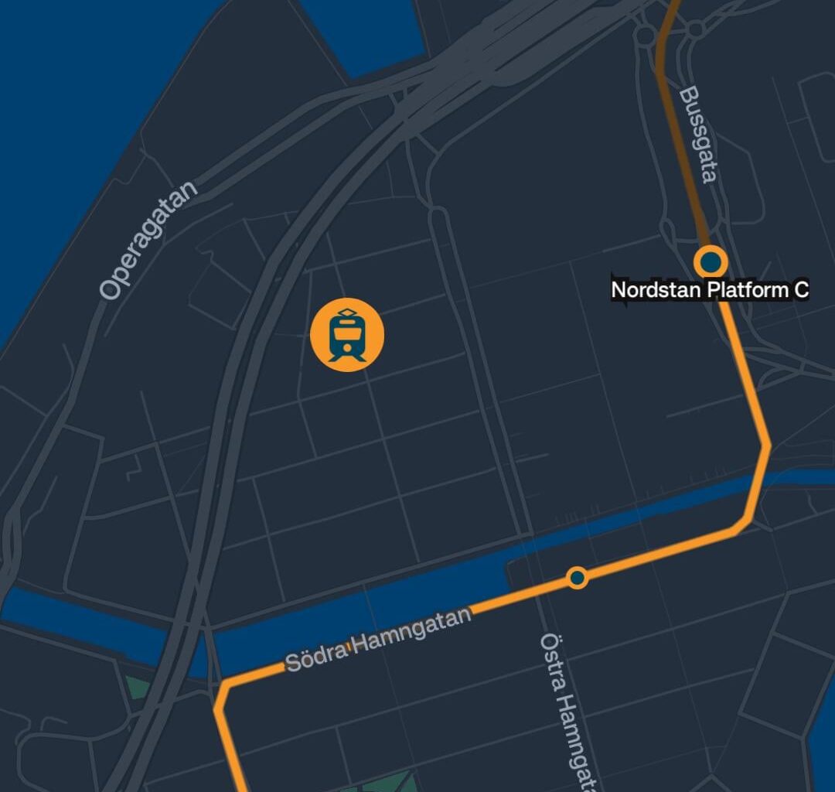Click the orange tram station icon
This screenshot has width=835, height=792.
[x=347, y=335]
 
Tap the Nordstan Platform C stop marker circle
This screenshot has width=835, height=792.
[x=710, y=262]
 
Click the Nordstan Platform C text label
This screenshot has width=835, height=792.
[x=710, y=290]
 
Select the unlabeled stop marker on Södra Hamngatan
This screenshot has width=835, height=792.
[x=577, y=577]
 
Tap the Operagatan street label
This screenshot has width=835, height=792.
[x=148, y=241]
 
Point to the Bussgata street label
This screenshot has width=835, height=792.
[x=697, y=135]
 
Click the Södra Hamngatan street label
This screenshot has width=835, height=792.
[x=378, y=639]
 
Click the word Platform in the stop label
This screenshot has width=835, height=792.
[x=746, y=290]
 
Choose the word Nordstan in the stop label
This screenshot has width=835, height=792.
[x=656, y=290]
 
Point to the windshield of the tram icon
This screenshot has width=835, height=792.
[x=347, y=332]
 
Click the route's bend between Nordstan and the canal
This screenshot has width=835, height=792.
[x=765, y=445]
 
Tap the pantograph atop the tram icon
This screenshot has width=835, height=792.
[x=347, y=312]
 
